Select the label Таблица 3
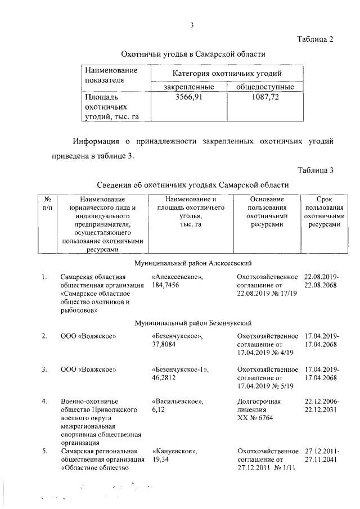coord(315,170)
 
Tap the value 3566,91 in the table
coord(189,97)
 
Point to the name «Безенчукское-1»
coord(180,370)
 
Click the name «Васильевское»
coord(177,402)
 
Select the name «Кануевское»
coord(174,452)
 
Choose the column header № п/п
coord(47,204)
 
